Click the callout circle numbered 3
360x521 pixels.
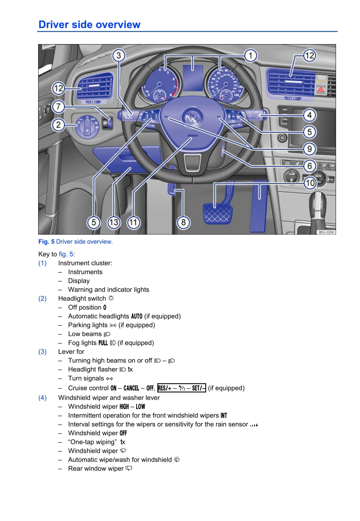(119, 56)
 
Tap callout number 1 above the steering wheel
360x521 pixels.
(250, 56)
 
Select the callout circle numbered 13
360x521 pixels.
(113, 222)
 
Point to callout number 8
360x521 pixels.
(183, 222)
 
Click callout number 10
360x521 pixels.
(310, 183)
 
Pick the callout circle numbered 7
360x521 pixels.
(58, 107)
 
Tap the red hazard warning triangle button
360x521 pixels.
(321, 89)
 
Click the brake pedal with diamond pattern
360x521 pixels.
(217, 213)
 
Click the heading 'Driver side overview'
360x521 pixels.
(89, 25)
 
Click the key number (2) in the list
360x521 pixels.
(43, 298)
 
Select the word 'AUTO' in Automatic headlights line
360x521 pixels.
(136, 316)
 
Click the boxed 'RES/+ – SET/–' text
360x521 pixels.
(182, 388)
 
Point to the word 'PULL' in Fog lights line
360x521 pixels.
(103, 343)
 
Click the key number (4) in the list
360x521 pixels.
(43, 398)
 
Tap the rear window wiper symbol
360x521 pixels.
(129, 468)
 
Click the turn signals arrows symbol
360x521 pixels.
(109, 378)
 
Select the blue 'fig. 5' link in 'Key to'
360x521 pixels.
(66, 254)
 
